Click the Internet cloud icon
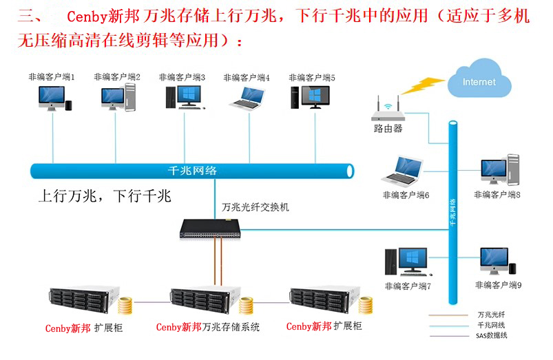[x=479, y=83]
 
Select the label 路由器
[x=388, y=129]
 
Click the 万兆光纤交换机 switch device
[x=215, y=229]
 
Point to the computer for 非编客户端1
[x=53, y=98]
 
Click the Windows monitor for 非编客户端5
[x=312, y=97]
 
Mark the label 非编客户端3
[x=182, y=78]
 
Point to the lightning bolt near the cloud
[x=423, y=86]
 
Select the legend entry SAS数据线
[x=491, y=335]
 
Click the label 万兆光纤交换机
[x=255, y=207]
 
